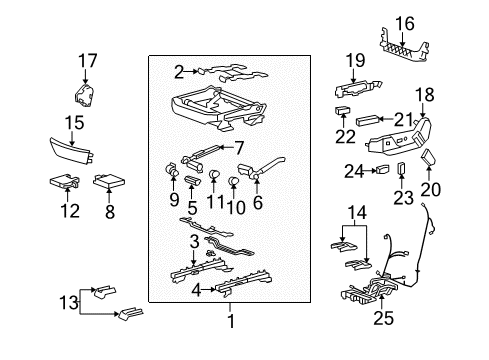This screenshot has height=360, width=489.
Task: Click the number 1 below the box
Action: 233,322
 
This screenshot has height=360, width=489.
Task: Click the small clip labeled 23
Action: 401,168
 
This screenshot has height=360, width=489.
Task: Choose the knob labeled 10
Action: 233,181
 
